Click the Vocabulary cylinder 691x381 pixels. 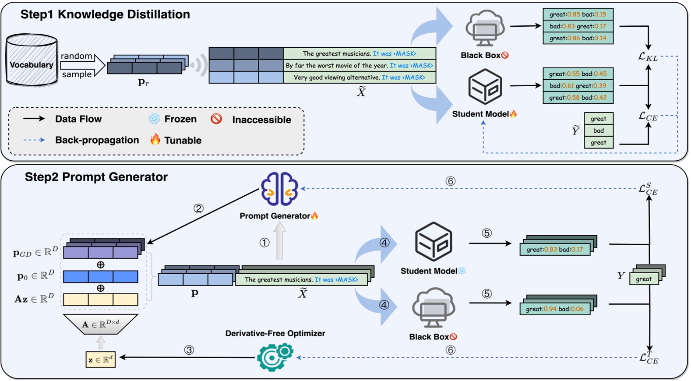[32, 60]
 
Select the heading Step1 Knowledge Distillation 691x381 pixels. [105, 14]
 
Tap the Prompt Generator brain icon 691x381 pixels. [279, 189]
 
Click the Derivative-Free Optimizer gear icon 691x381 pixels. [275, 357]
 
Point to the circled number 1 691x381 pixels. [264, 243]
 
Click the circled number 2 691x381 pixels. [198, 208]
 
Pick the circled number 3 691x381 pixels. [189, 350]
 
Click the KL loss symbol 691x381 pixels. [648, 56]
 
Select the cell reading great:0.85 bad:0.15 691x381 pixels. [578, 14]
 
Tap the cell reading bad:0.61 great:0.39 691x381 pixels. [578, 86]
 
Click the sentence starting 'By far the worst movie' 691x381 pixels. [360, 66]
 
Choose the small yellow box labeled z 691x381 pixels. [101, 360]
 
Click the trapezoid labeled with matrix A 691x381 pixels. [101, 325]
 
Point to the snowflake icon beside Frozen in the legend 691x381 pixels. [154, 119]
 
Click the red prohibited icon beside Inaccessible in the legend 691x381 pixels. [216, 119]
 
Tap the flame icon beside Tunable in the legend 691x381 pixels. [155, 140]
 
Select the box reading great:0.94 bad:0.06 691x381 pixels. [555, 309]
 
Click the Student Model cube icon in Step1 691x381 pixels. [485, 87]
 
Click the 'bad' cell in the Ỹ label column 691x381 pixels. [599, 131]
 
